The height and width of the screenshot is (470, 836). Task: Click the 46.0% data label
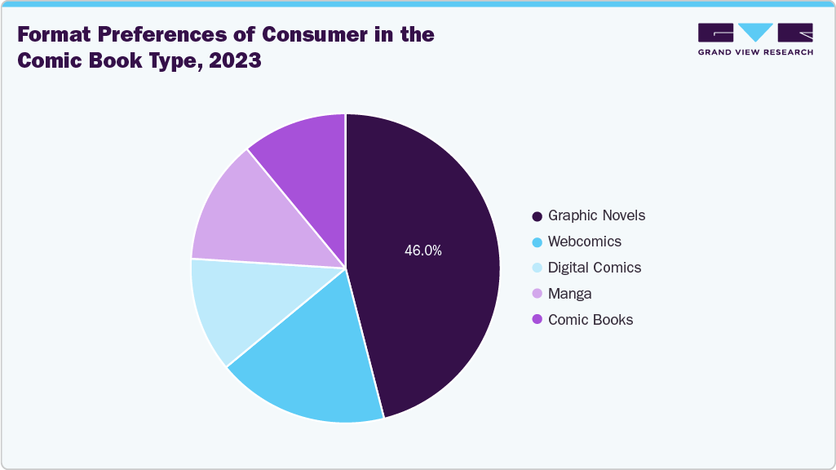tap(422, 251)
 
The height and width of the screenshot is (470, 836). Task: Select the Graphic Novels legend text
tap(596, 215)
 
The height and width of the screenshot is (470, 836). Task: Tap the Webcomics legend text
tap(584, 242)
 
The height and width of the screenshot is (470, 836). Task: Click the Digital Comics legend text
tap(595, 268)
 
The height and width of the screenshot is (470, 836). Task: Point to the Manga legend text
tap(569, 294)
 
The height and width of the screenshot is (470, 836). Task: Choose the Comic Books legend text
tap(591, 320)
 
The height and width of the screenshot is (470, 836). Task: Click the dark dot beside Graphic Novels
tap(537, 216)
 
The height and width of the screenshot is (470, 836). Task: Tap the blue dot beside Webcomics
tap(537, 242)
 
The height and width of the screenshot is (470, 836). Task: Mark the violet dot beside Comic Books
tap(537, 321)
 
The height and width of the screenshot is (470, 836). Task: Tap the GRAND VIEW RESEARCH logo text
tap(755, 52)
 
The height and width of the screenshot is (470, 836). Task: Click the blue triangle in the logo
tap(755, 32)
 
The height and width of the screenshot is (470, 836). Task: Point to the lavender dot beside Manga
tap(537, 295)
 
